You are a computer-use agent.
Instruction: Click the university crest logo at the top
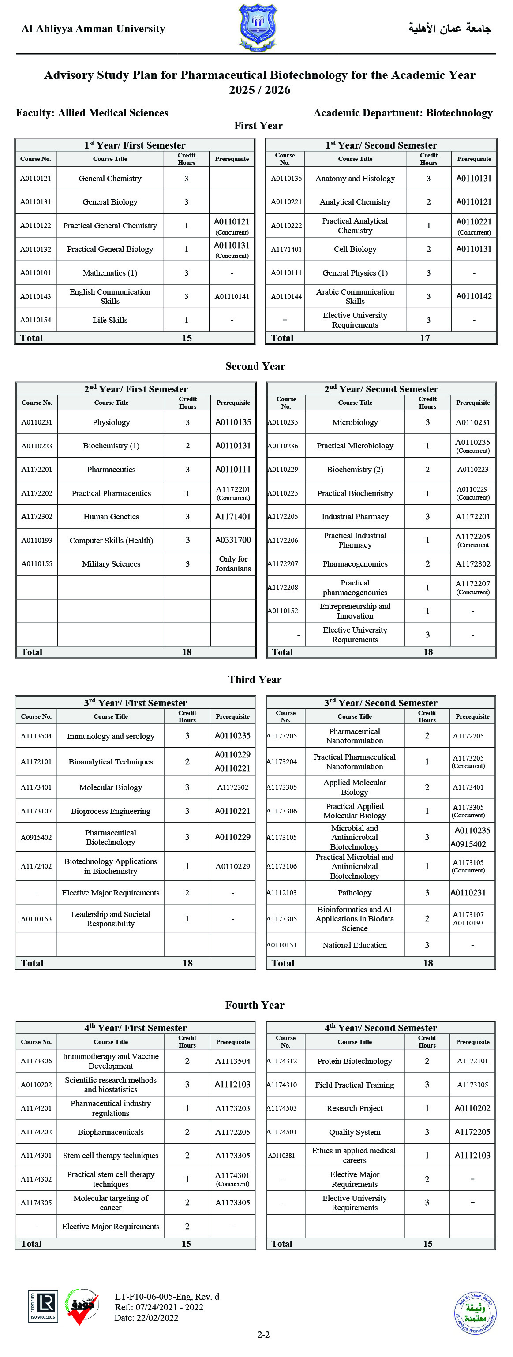pyautogui.click(x=258, y=27)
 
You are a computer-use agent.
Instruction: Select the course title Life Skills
pyautogui.click(x=110, y=320)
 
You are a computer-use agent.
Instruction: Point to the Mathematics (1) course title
pyautogui.click(x=110, y=273)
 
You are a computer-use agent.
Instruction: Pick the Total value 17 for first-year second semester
pyautogui.click(x=425, y=338)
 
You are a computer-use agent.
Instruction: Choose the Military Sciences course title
pyautogui.click(x=111, y=564)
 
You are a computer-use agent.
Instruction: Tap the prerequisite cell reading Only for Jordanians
pyautogui.click(x=233, y=564)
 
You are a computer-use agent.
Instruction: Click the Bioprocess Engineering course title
pyautogui.click(x=110, y=811)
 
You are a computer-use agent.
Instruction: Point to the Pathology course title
pyautogui.click(x=354, y=893)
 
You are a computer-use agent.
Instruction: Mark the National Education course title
pyautogui.click(x=354, y=945)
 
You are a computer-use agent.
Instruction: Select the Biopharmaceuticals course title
pyautogui.click(x=110, y=1132)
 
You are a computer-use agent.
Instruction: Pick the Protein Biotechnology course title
pyautogui.click(x=354, y=1062)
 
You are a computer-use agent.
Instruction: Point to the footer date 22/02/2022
pyautogui.click(x=146, y=1318)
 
